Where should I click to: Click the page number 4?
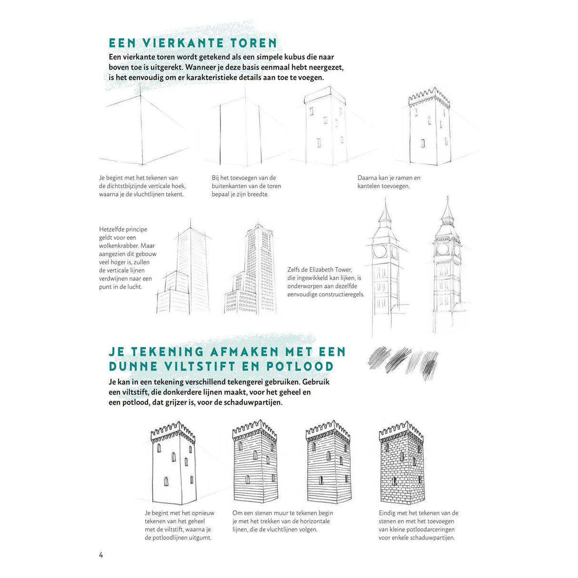(x=101, y=555)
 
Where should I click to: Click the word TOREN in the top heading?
(x=254, y=43)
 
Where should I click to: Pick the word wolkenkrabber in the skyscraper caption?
(x=119, y=246)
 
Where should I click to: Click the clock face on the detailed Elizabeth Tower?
(x=443, y=249)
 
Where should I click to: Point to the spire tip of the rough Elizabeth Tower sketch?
(x=385, y=200)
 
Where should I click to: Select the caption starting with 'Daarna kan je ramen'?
(x=389, y=182)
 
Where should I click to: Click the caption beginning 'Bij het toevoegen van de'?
(x=246, y=186)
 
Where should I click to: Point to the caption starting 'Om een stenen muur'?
(x=282, y=521)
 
